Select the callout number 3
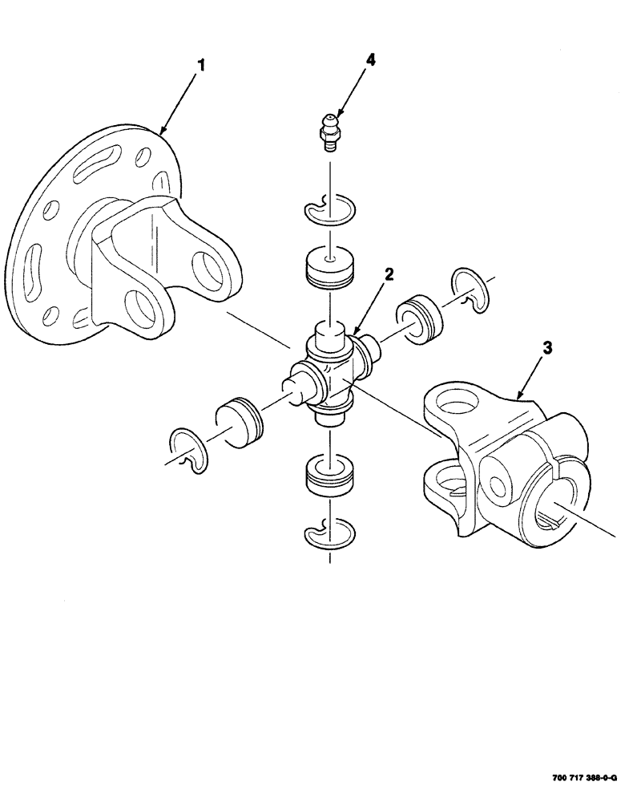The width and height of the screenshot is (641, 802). point(547,347)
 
